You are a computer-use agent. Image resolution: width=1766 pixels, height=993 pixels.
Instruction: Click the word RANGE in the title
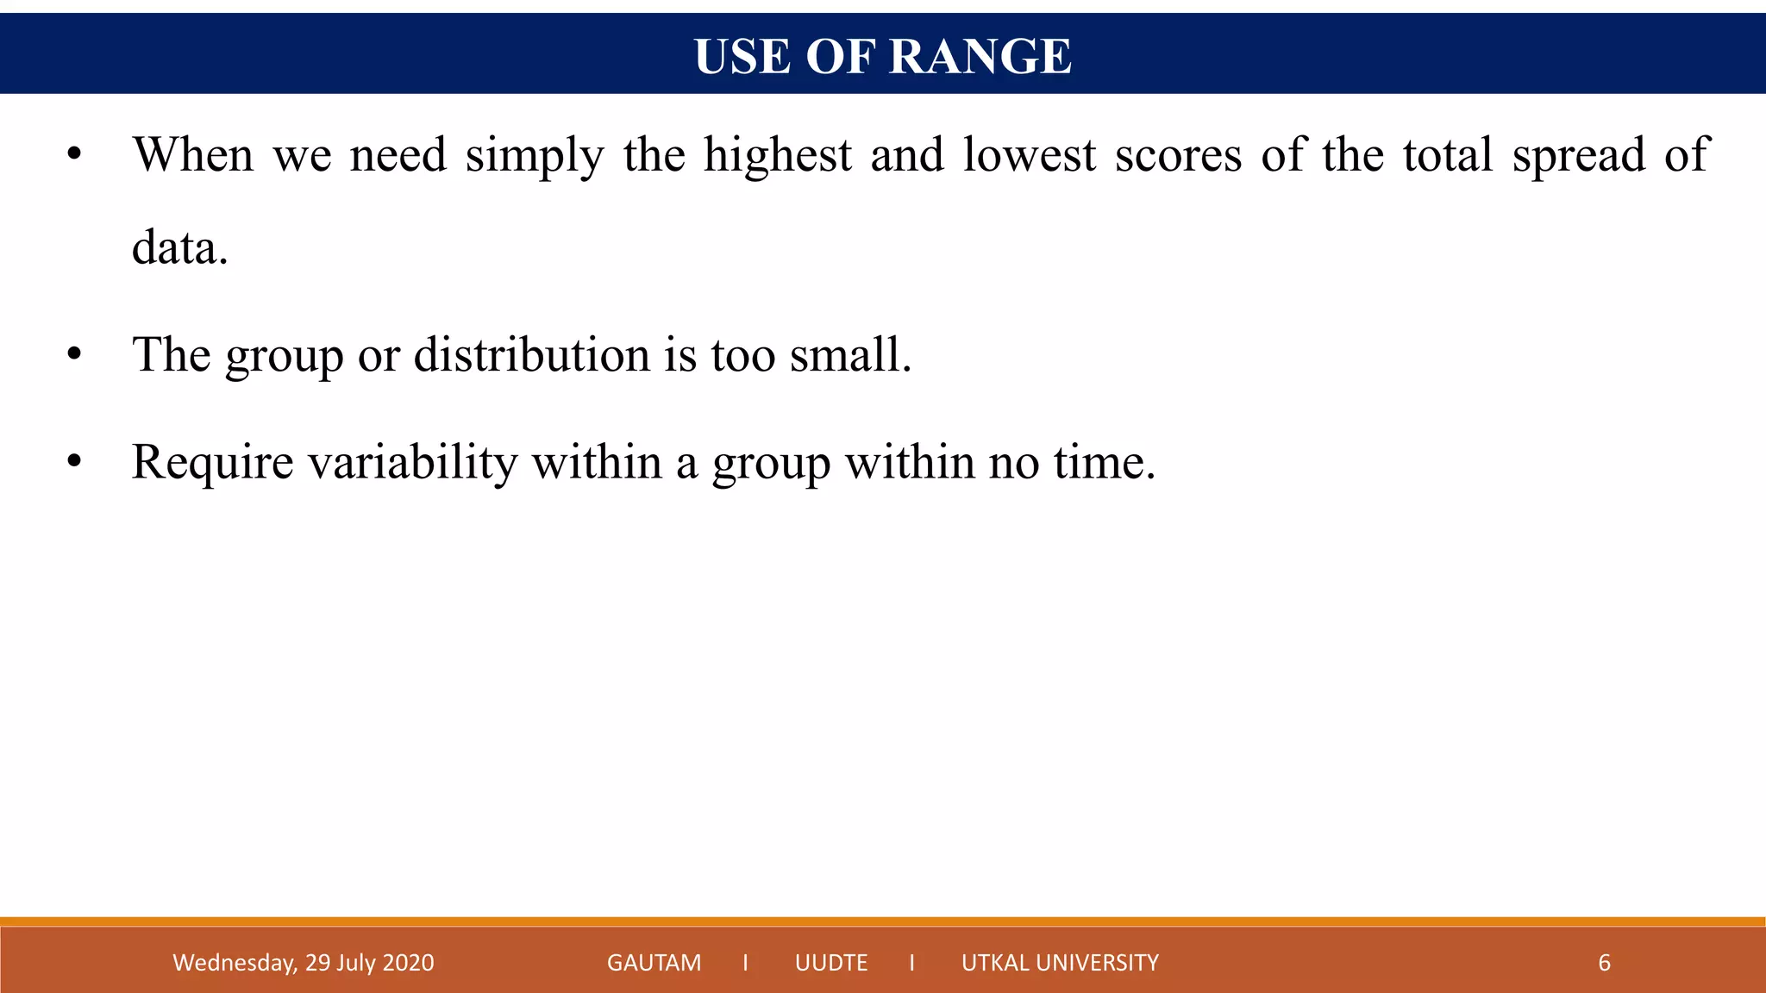coord(980,57)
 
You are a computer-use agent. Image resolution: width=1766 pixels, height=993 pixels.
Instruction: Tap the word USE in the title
coord(742,57)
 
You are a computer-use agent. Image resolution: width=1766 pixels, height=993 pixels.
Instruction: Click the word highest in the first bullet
coord(777,156)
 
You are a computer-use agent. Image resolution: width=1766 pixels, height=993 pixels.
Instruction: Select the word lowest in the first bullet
coord(1029,156)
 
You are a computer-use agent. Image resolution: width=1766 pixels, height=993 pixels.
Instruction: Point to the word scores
coord(1178,156)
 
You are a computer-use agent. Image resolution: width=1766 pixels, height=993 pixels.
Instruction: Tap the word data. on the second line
coord(179,248)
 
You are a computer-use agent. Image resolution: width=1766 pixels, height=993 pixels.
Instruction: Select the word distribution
coord(531,354)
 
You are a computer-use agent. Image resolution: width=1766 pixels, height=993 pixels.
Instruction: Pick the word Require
coord(212,463)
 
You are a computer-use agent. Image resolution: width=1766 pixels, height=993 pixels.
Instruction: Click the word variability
coord(412,463)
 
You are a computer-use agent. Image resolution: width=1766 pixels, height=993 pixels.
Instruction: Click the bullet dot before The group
coord(74,354)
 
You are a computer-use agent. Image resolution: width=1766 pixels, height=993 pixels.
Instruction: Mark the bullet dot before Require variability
coord(74,462)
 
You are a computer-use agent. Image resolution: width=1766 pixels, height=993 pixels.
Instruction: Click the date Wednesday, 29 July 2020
coord(303,963)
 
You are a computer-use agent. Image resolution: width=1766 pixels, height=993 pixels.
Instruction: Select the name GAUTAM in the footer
coord(654,963)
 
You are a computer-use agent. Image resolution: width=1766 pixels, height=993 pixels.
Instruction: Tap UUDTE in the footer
coord(831,963)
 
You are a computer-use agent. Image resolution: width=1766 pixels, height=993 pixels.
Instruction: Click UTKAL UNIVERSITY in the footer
coord(1060,963)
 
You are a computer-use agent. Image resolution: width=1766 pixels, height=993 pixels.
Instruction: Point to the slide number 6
coord(1604,963)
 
